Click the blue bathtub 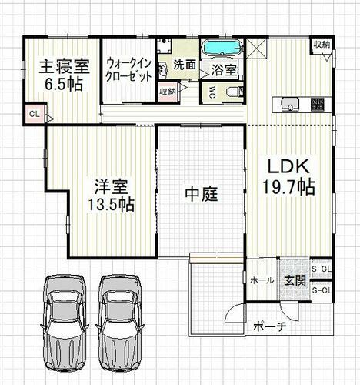(x=222, y=48)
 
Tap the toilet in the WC (x=235, y=92)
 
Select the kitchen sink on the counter (x=290, y=104)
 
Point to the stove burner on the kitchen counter (x=318, y=104)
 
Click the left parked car (x=65, y=323)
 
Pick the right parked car (x=119, y=323)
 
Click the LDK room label (x=288, y=167)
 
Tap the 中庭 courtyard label (x=202, y=194)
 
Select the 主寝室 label (x=64, y=66)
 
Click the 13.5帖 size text (x=111, y=205)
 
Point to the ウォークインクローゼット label (x=128, y=70)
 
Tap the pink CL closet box (x=35, y=114)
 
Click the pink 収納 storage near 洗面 (x=168, y=92)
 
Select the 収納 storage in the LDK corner (x=322, y=45)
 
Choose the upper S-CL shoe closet (x=322, y=269)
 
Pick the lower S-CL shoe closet (x=322, y=291)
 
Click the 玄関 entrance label (x=295, y=281)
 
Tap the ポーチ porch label (x=270, y=326)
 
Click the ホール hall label (x=262, y=280)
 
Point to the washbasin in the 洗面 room (x=162, y=70)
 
